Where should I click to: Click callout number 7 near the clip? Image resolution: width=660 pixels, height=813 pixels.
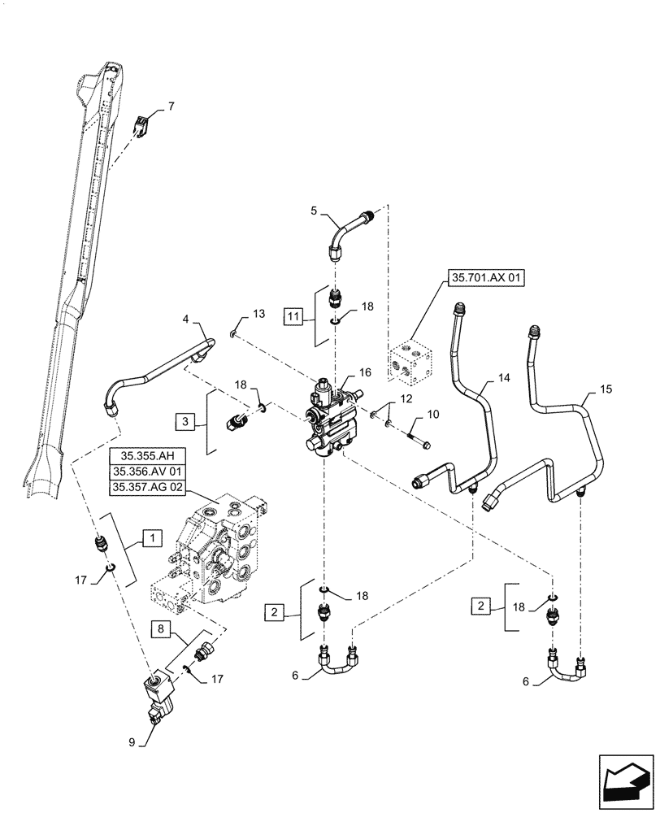pos(171,107)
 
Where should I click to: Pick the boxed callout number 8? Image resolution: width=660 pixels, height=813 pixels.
pos(161,629)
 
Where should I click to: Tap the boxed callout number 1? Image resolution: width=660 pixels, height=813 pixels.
pos(151,537)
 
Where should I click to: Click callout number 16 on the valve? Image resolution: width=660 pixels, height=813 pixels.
pos(365,372)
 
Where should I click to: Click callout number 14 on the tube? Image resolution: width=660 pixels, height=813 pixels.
pos(504,379)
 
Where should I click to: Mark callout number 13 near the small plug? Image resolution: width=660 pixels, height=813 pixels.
pos(258,314)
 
